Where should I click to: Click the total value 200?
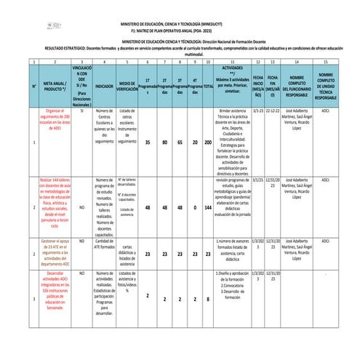(208, 143)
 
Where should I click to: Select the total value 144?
(208, 187)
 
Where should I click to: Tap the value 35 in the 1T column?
(148, 143)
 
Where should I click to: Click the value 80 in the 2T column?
(165, 143)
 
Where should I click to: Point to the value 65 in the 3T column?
(180, 143)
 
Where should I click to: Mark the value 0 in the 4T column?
(195, 143)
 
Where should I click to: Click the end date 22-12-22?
(273, 110)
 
